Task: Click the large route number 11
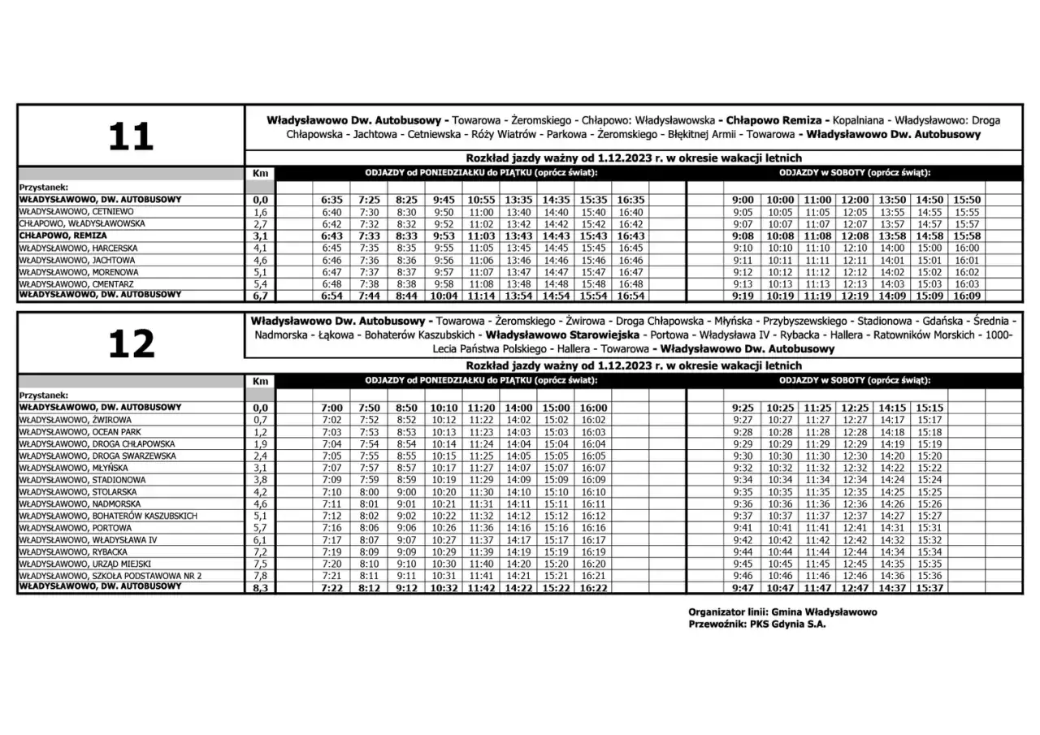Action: click(x=131, y=136)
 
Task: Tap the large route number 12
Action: click(x=131, y=344)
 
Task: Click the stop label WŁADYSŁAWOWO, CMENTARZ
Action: click(x=76, y=284)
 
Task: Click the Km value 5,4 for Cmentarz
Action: click(x=260, y=284)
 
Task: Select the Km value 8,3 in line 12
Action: click(x=260, y=587)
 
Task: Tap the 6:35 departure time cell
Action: click(x=332, y=199)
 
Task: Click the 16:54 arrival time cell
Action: click(x=630, y=296)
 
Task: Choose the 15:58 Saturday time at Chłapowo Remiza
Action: click(x=967, y=236)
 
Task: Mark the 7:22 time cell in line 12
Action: click(x=332, y=587)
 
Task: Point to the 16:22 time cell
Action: click(x=594, y=587)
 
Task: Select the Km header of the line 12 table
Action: click(x=260, y=381)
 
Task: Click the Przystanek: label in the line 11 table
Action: click(x=42, y=186)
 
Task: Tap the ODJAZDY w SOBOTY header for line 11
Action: click(x=855, y=173)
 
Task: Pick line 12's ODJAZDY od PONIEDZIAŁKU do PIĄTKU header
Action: click(x=482, y=380)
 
